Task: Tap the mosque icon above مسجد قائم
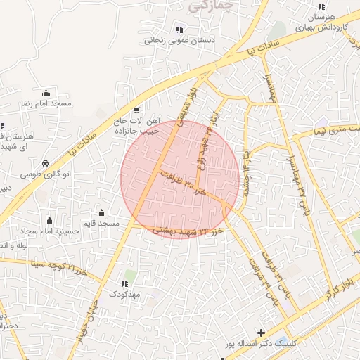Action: (x=102, y=213)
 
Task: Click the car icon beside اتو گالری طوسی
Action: (x=45, y=162)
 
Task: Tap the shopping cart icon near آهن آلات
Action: (x=136, y=110)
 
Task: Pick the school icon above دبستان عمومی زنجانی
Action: (x=179, y=29)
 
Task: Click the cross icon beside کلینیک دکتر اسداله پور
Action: (x=262, y=333)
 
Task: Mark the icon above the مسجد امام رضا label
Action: (x=46, y=93)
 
